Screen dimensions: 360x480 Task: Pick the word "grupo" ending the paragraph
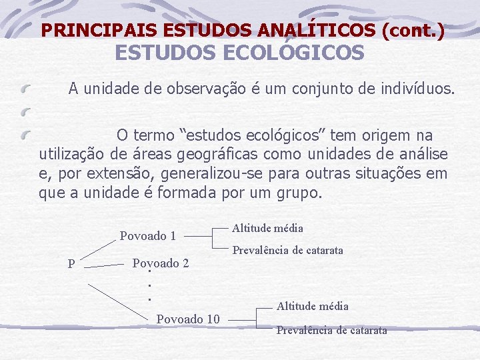point(300,194)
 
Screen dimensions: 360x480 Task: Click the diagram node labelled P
point(71,264)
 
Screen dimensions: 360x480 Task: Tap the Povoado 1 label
point(147,235)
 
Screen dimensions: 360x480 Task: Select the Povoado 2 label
point(161,263)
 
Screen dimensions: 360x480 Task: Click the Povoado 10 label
point(188,319)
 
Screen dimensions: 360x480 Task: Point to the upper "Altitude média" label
point(267,229)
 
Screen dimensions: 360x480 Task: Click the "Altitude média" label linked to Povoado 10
point(312,306)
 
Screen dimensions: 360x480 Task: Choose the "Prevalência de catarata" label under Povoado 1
point(287,251)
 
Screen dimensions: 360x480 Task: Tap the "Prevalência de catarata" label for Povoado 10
point(331,330)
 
